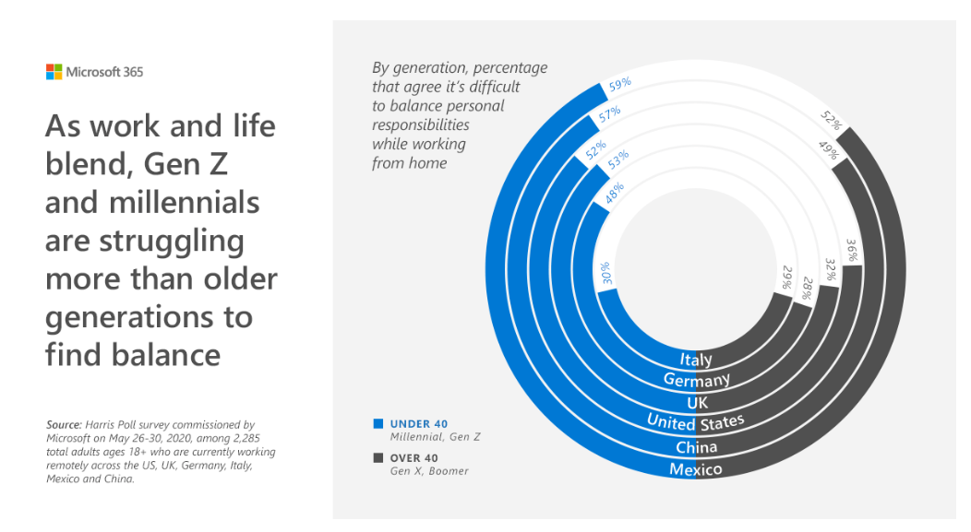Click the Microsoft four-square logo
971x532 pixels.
point(54,71)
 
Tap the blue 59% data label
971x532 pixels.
point(619,84)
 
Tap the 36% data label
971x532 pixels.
point(853,252)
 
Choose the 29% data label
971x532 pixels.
point(786,278)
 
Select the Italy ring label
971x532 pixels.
point(695,360)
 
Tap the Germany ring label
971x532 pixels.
point(697,380)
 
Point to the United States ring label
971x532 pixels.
point(695,423)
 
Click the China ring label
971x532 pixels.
point(696,447)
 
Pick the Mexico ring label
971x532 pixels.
point(695,469)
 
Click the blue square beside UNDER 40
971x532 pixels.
point(378,424)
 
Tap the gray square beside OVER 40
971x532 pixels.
point(378,458)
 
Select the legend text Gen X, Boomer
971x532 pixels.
point(429,471)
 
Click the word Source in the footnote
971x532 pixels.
point(62,425)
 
